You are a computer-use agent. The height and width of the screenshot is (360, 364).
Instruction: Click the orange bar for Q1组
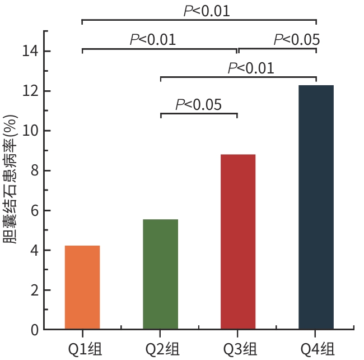(82, 287)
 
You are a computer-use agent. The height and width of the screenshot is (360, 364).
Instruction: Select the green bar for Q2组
(160, 274)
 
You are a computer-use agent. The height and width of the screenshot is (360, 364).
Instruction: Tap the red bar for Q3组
(238, 242)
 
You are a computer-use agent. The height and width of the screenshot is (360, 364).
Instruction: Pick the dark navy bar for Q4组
(316, 207)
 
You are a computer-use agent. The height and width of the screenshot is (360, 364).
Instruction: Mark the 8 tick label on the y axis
(34, 170)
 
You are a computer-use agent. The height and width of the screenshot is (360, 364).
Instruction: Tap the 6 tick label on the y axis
(34, 211)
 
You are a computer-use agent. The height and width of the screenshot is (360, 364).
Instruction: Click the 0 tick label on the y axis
(34, 330)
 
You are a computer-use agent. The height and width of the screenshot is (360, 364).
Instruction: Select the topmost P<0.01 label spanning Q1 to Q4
(207, 11)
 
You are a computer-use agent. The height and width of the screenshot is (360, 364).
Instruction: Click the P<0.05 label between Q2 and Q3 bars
(199, 104)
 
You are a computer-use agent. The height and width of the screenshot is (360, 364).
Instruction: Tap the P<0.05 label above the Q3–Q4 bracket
(297, 40)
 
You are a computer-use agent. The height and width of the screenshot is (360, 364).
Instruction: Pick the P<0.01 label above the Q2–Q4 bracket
(251, 68)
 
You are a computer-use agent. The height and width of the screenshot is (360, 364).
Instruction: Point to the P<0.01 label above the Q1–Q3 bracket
(153, 40)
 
